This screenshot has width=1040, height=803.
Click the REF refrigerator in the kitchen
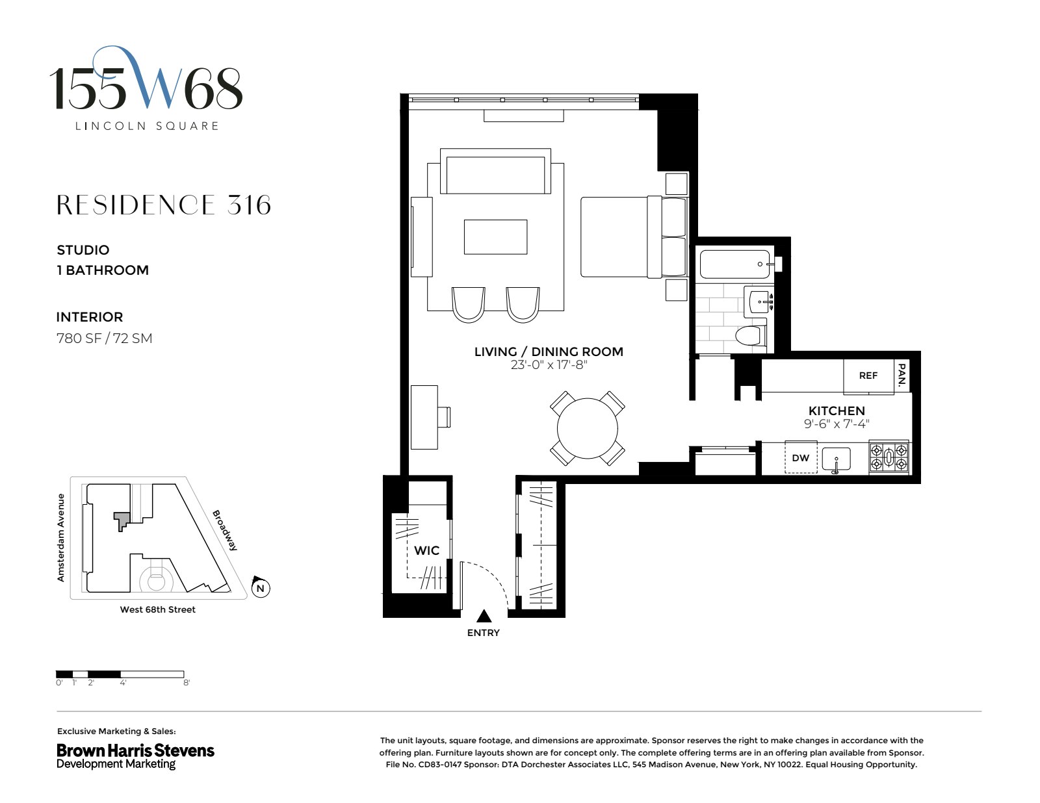click(868, 376)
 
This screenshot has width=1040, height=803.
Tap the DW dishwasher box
click(801, 457)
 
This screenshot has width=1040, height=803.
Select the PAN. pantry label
click(902, 376)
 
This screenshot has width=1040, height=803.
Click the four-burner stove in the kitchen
click(889, 457)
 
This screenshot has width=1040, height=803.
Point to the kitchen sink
click(836, 459)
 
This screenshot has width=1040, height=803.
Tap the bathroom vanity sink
click(760, 302)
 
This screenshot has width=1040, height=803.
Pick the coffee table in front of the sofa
click(495, 236)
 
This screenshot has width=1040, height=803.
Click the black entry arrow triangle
click(484, 616)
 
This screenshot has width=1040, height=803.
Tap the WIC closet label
click(426, 550)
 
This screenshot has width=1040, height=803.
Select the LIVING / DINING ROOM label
click(549, 351)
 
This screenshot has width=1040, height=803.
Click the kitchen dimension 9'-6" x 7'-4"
click(837, 424)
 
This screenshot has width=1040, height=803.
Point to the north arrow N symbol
click(261, 588)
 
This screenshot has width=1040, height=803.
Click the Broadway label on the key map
click(225, 530)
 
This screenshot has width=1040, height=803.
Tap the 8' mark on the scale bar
click(187, 683)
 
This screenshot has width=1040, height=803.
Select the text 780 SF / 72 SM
click(104, 338)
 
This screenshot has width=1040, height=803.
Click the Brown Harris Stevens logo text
click(135, 750)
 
